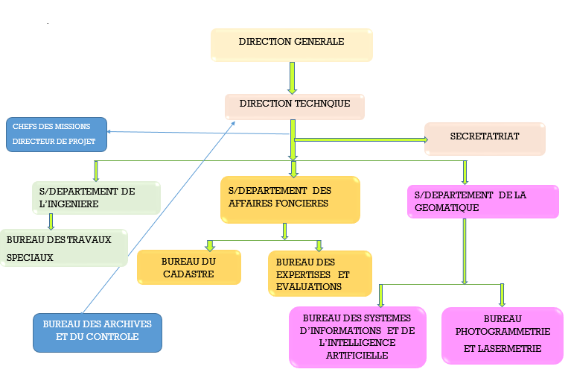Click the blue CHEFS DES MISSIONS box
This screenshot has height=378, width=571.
pyautogui.click(x=57, y=134)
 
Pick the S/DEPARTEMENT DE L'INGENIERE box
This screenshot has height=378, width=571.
pyautogui.click(x=96, y=198)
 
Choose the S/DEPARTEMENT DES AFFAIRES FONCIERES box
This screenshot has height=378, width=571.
pyautogui.click(x=290, y=199)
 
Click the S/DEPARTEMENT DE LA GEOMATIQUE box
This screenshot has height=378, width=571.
pyautogui.click(x=482, y=202)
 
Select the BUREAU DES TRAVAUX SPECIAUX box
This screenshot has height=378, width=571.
pyautogui.click(x=64, y=248)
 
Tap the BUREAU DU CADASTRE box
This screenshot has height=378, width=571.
pyautogui.click(x=188, y=268)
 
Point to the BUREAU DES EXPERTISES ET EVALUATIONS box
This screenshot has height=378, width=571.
pyautogui.click(x=319, y=274)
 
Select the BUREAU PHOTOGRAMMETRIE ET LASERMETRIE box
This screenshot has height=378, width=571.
pyautogui.click(x=502, y=336)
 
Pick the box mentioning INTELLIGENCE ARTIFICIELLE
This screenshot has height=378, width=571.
pyautogui.click(x=357, y=337)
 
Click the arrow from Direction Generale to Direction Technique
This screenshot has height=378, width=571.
pyautogui.click(x=293, y=78)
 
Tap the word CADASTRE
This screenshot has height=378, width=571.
pyautogui.click(x=188, y=274)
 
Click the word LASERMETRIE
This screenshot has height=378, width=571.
pyautogui.click(x=502, y=348)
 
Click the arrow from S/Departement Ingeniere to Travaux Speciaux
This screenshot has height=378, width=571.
pyautogui.click(x=51, y=221)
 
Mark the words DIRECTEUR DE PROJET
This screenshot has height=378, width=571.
pyautogui.click(x=54, y=142)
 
